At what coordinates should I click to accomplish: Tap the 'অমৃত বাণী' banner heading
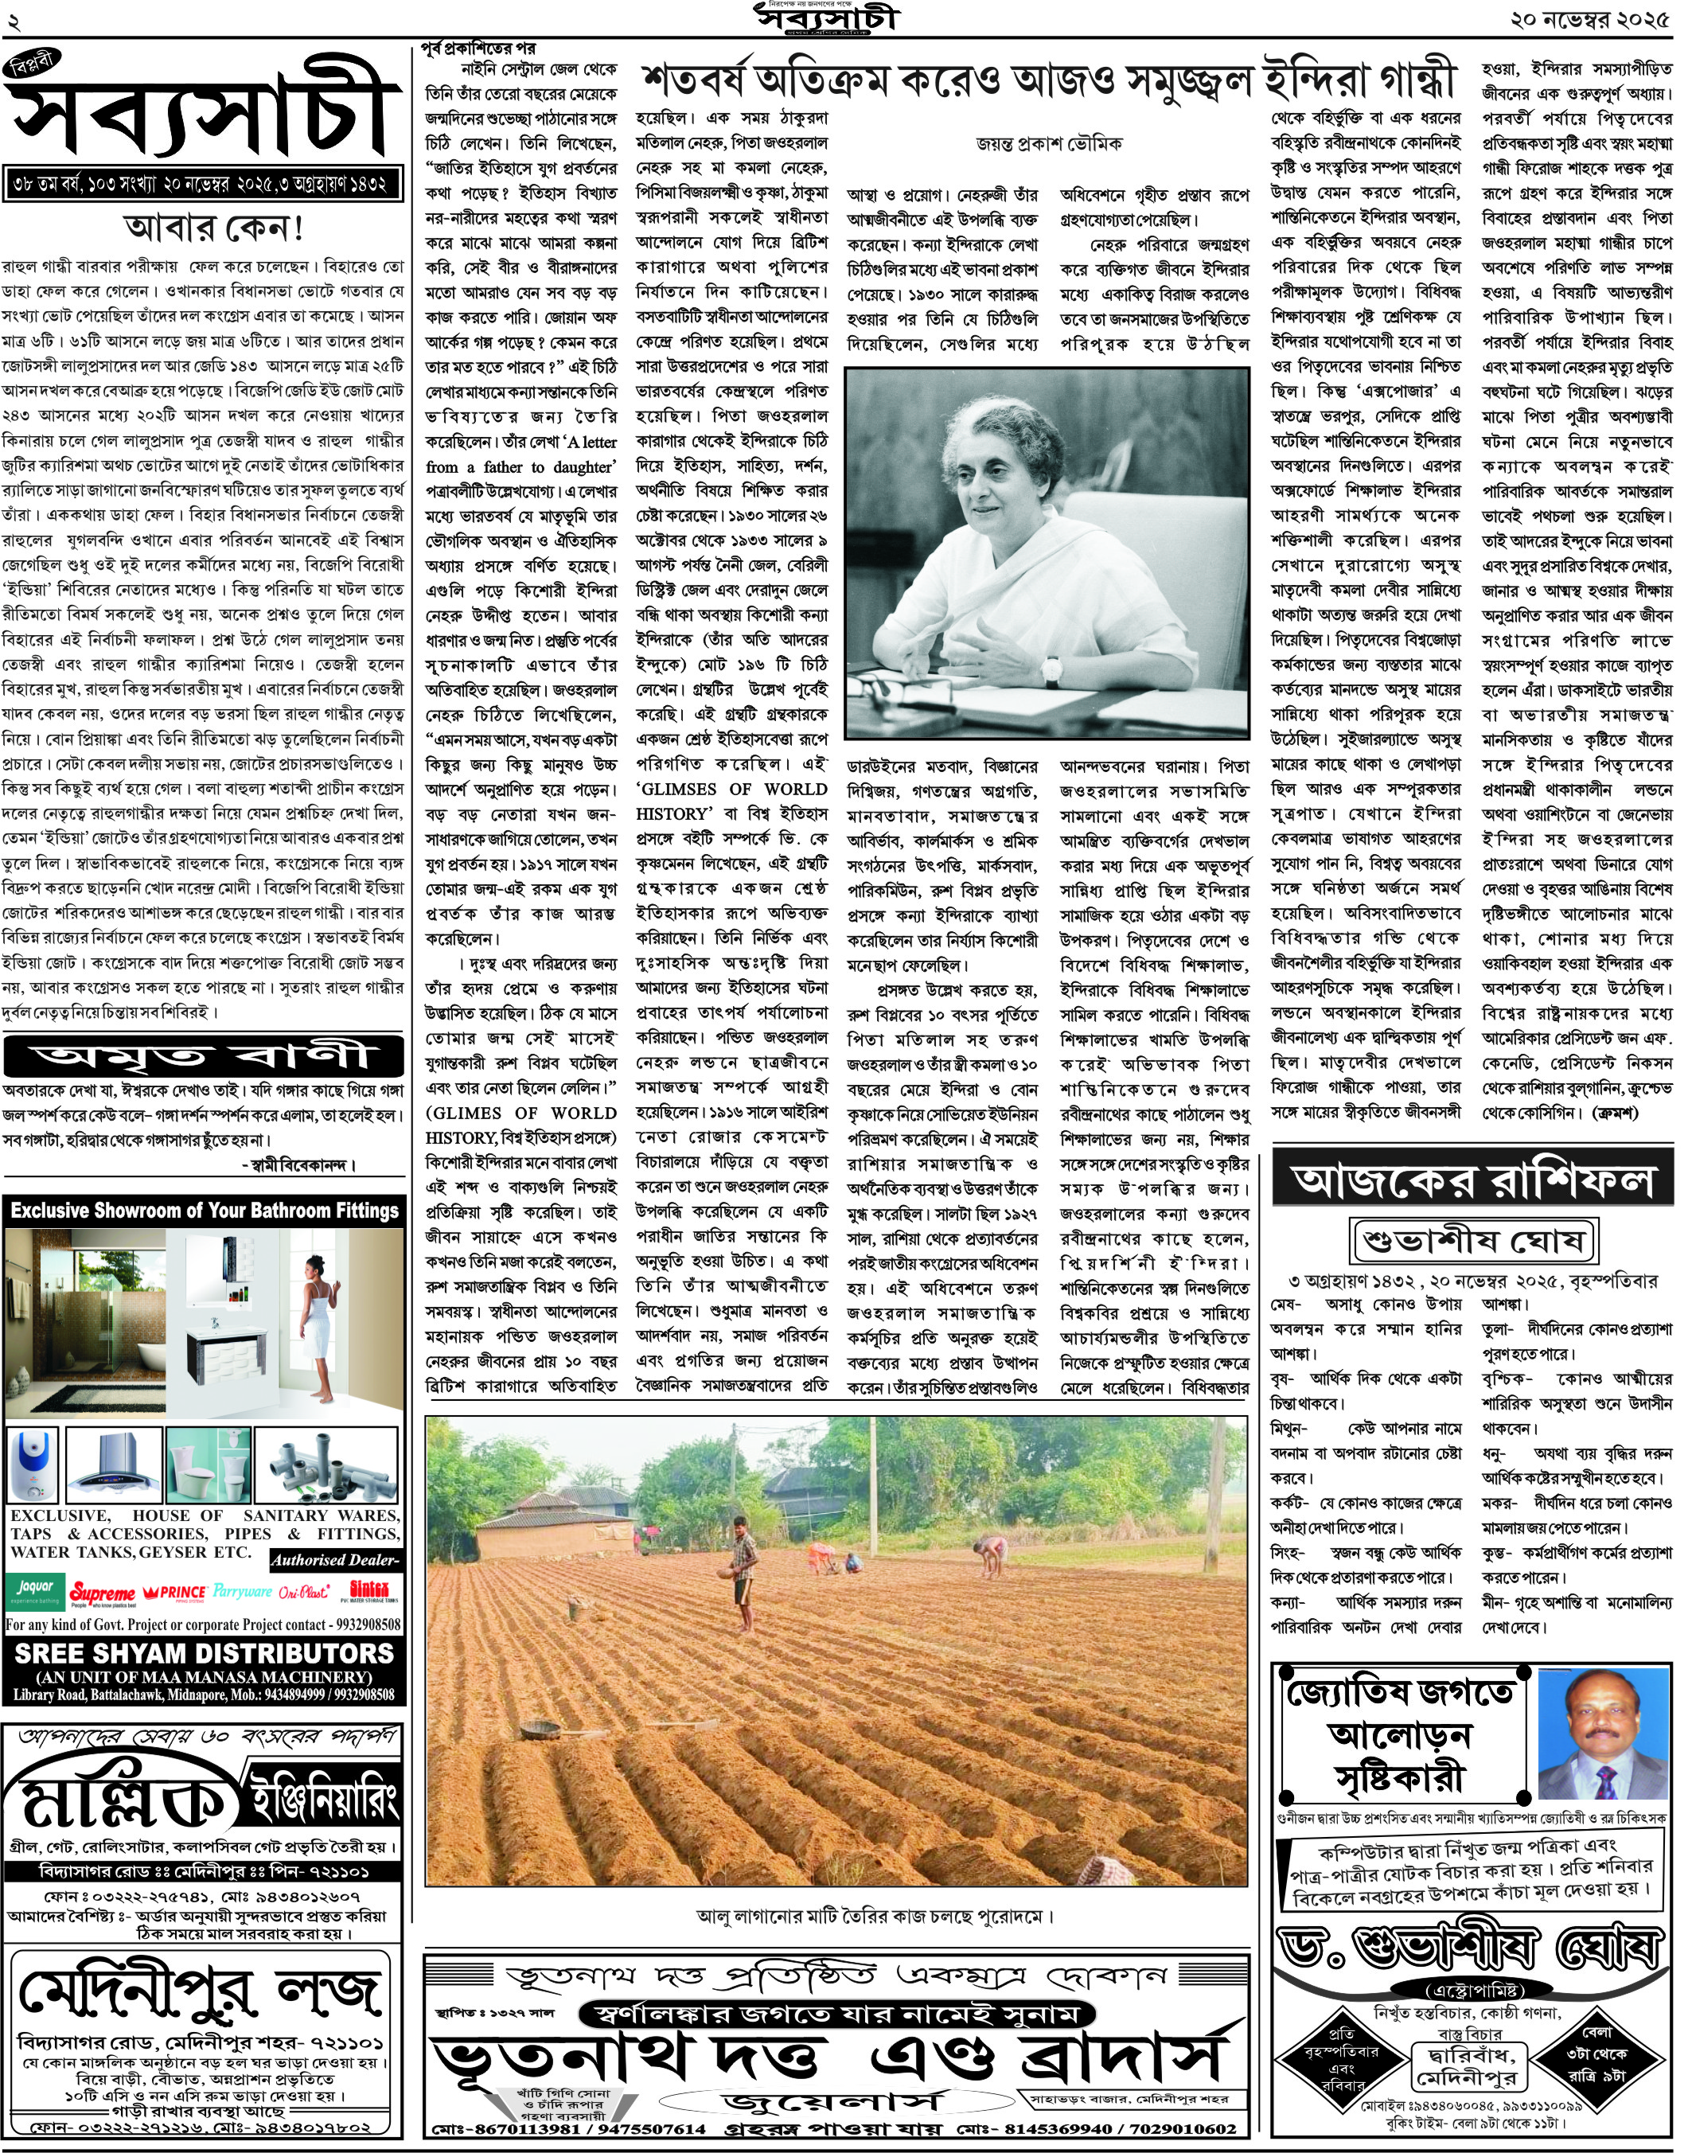[x=203, y=1056]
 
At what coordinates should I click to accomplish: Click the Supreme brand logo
[x=102, y=1593]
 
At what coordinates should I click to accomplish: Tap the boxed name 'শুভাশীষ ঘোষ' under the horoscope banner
[x=1473, y=1239]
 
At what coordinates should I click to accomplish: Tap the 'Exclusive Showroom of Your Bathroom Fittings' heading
[x=204, y=1210]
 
